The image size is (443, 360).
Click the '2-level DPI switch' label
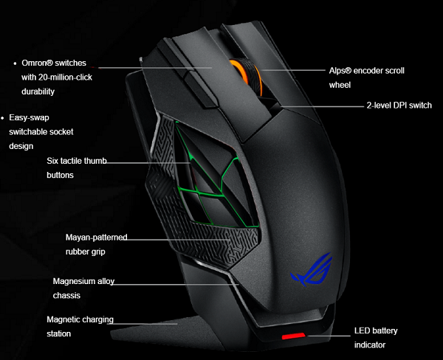[399, 105]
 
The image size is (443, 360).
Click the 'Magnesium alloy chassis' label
[83, 288]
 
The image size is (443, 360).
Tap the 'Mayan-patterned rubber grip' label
[96, 244]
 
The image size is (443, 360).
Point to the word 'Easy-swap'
[30, 117]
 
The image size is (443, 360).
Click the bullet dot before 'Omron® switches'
[16, 64]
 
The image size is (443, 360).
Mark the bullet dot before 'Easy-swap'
[3, 117]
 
